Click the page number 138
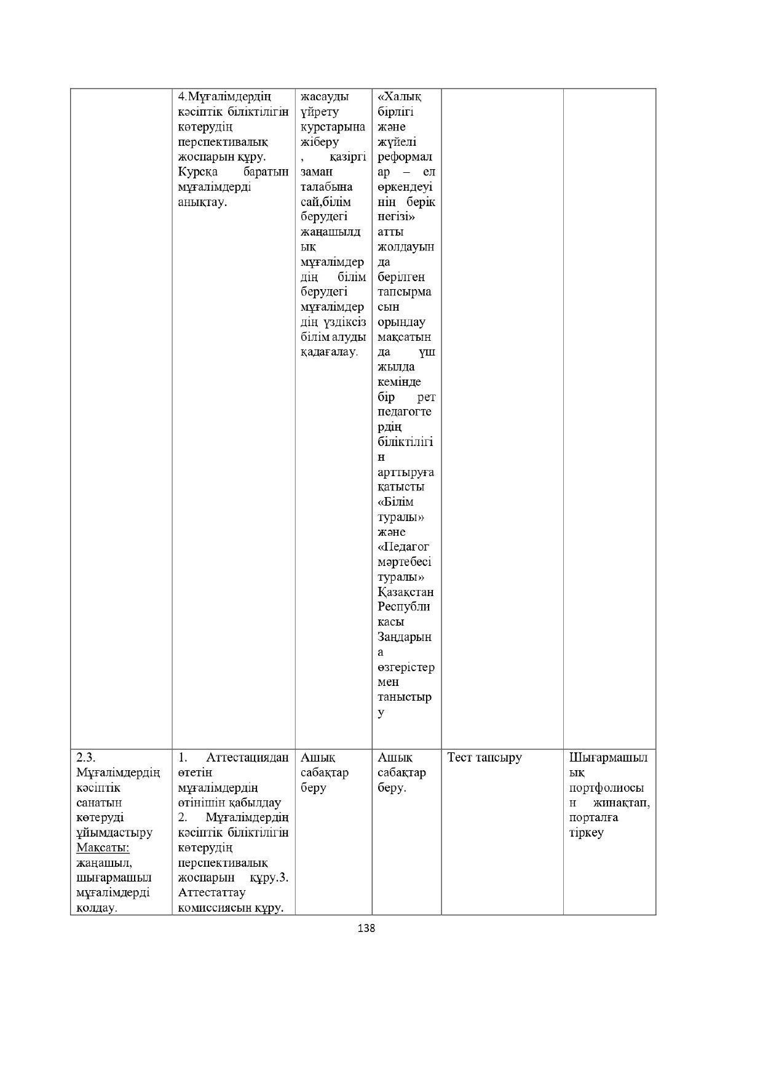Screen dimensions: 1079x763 tap(366, 928)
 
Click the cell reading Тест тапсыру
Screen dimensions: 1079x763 tap(484, 757)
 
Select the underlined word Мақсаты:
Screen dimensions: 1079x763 tap(103, 848)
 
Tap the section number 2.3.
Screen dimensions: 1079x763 tap(86, 757)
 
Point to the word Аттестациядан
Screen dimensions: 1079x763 tap(247, 757)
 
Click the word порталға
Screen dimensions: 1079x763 tap(593, 818)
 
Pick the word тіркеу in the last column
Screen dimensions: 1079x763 tap(586, 833)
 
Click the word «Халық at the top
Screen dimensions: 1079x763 tap(400, 97)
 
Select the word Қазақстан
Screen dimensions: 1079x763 tap(405, 592)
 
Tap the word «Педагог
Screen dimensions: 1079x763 tap(403, 547)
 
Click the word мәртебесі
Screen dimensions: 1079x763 tap(404, 562)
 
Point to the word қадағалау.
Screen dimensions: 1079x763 tap(328, 352)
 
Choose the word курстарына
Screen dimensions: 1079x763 tap(333, 127)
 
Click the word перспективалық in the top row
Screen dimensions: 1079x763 tap(223, 142)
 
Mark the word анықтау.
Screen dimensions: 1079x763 tap(202, 202)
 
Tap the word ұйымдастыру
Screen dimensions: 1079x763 tap(114, 833)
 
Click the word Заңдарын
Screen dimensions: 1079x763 tap(405, 637)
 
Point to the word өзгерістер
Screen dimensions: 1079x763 tap(406, 667)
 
